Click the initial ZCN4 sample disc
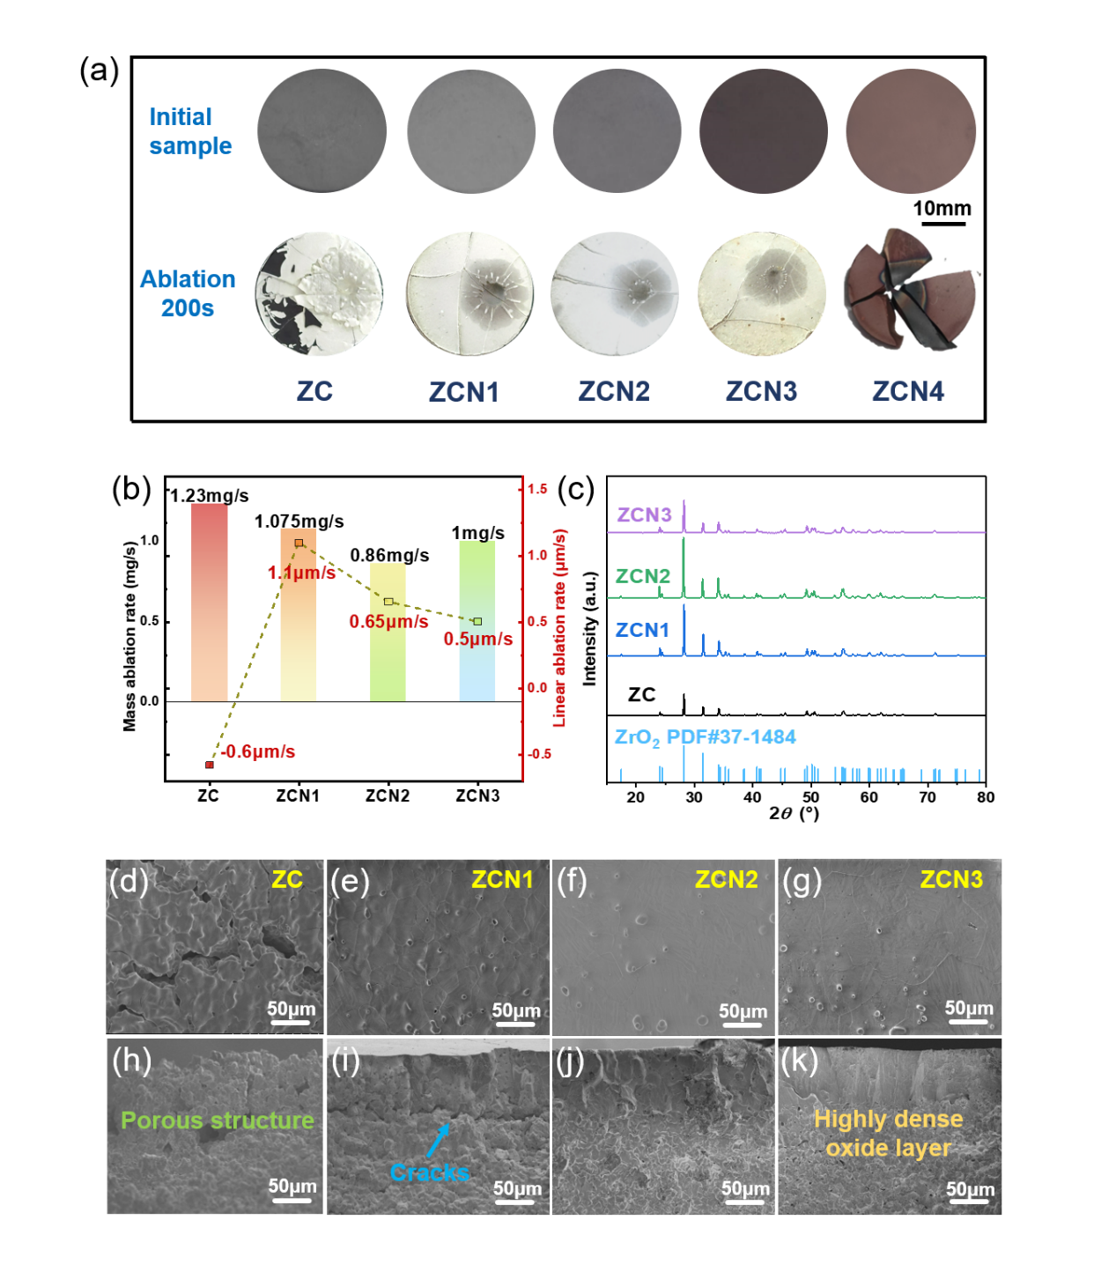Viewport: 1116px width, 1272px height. point(910,131)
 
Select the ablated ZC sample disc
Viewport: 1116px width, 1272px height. point(320,294)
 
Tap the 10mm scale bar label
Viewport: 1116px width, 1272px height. point(942,209)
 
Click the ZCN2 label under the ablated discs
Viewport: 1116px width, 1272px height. point(614,391)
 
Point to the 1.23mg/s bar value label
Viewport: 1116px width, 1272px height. point(210,496)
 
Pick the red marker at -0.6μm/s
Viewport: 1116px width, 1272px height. point(210,765)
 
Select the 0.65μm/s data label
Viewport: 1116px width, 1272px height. point(388,622)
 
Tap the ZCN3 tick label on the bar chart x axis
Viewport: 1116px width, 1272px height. point(477,796)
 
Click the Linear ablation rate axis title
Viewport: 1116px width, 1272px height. point(559,627)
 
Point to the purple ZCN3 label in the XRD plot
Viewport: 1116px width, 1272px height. point(644,514)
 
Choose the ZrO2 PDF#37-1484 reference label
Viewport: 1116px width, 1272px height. point(705,737)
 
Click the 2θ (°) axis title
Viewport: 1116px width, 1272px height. point(794,813)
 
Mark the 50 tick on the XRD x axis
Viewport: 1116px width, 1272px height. point(810,797)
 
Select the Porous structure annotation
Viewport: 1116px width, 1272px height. point(217,1120)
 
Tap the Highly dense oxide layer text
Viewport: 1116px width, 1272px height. point(888,1133)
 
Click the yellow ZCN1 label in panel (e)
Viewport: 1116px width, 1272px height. point(502,879)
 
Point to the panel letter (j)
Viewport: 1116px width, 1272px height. point(571,1061)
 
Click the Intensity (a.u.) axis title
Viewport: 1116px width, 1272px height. point(590,628)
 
